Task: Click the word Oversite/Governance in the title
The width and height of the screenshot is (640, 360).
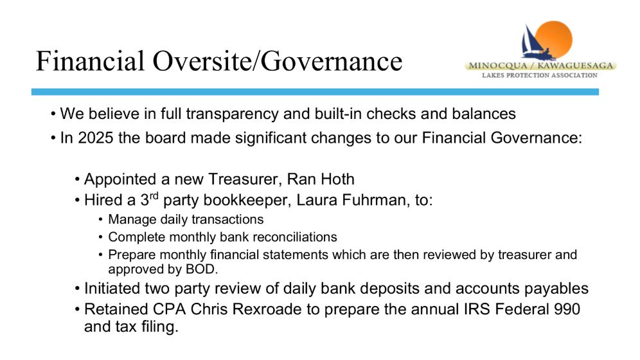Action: tap(278, 61)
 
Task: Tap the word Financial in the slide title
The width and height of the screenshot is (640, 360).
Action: tap(90, 60)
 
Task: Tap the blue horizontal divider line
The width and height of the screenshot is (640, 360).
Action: tap(315, 92)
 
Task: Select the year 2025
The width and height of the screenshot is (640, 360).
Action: tap(96, 138)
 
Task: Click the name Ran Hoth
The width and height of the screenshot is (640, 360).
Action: tap(321, 179)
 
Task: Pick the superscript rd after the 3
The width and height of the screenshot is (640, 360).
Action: tap(154, 196)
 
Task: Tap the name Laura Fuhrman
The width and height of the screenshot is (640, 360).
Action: tap(351, 200)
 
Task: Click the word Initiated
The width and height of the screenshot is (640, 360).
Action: tap(111, 289)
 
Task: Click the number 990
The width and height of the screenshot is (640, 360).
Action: tap(567, 309)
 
